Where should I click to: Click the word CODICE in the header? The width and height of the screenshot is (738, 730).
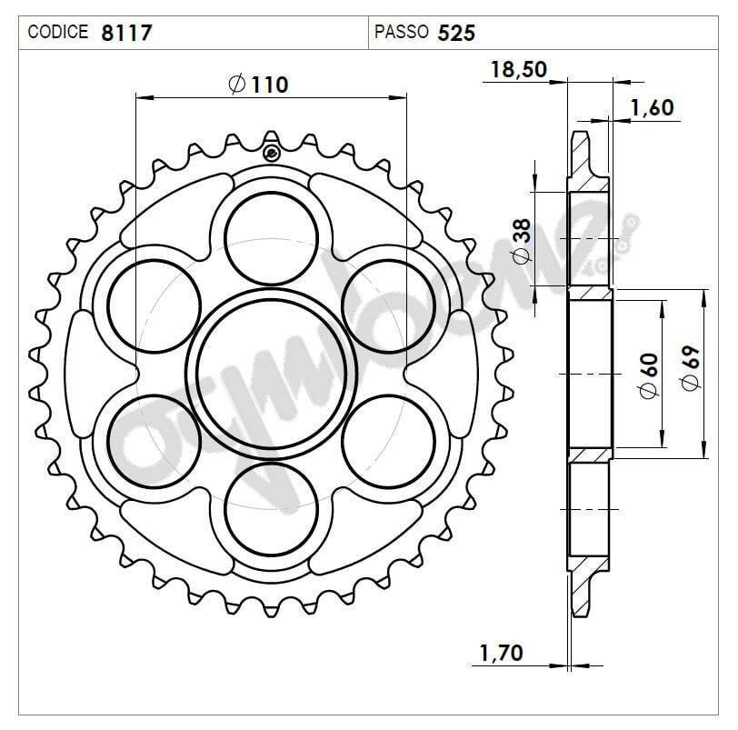tap(58, 33)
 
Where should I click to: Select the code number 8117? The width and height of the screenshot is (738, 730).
tap(127, 33)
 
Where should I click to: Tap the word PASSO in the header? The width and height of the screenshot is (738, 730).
tap(401, 33)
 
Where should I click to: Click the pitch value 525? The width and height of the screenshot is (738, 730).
tap(456, 33)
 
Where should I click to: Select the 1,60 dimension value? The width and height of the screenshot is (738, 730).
tap(652, 108)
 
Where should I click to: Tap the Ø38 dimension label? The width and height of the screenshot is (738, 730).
tap(522, 240)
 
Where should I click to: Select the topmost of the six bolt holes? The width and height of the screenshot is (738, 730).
tap(272, 238)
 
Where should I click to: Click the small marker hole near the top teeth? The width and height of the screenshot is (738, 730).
tap(271, 152)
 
